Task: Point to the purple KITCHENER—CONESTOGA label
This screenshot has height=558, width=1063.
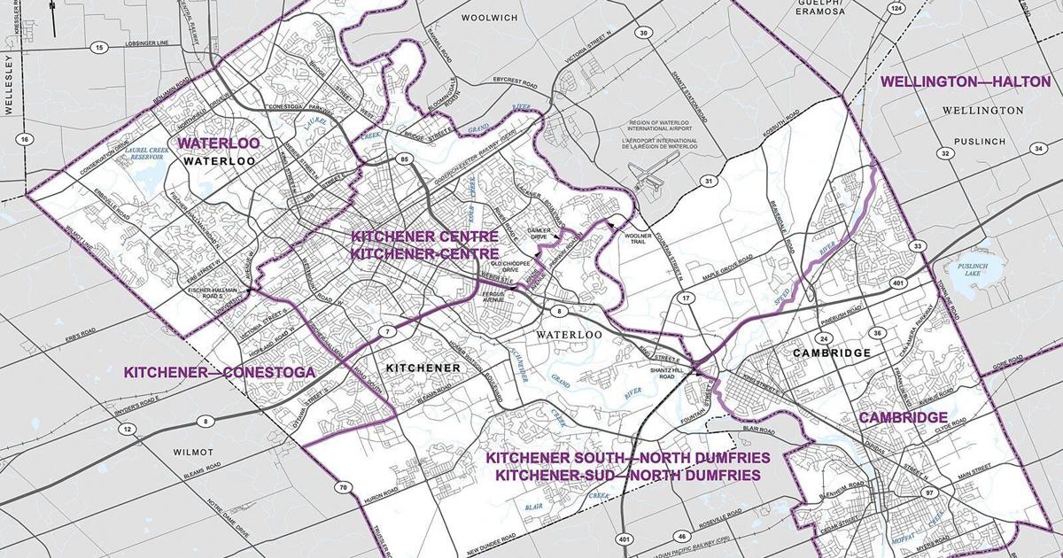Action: (219, 373)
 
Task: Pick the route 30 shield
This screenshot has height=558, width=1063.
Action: (644, 34)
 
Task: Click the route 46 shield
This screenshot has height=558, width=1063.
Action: (680, 537)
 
